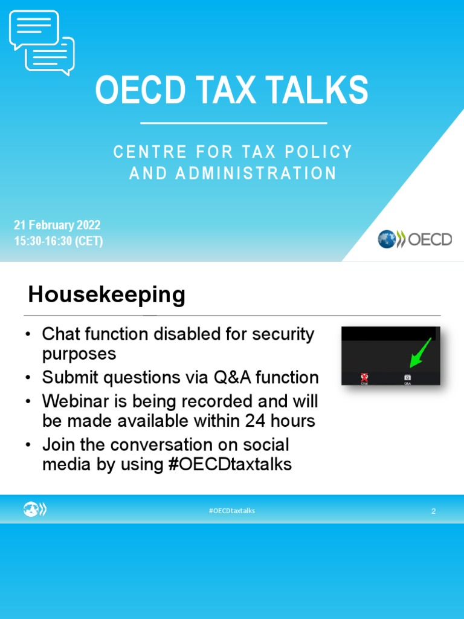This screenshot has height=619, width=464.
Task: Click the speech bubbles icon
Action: [42, 42]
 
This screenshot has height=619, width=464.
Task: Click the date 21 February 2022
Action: [57, 225]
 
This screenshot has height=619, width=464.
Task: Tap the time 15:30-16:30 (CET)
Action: [59, 241]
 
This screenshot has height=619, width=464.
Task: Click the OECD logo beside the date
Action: [414, 239]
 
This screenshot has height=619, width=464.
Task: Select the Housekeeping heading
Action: [106, 295]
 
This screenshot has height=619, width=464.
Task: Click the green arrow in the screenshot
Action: [420, 352]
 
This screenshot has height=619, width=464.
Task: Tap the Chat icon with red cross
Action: [364, 378]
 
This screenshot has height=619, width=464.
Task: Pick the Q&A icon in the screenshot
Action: [408, 378]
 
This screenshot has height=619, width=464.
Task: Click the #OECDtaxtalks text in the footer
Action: [232, 511]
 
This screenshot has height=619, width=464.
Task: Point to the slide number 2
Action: [433, 511]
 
